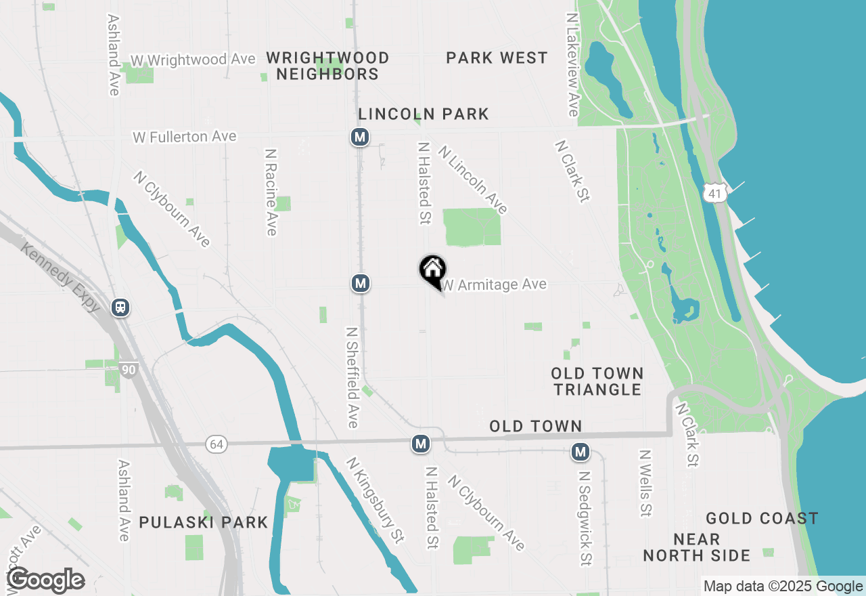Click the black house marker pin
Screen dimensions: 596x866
pyautogui.click(x=432, y=271)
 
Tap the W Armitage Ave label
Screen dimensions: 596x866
pyautogui.click(x=495, y=285)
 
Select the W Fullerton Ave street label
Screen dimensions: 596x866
pyautogui.click(x=185, y=137)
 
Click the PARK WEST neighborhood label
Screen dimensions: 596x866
pyautogui.click(x=497, y=58)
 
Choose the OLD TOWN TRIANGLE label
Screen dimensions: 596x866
pyautogui.click(x=597, y=381)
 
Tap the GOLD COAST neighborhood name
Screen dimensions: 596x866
pyautogui.click(x=762, y=519)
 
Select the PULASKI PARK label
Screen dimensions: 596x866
pyautogui.click(x=204, y=522)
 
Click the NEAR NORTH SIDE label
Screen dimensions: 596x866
pyautogui.click(x=696, y=548)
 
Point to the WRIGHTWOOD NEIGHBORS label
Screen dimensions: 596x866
pyautogui.click(x=327, y=66)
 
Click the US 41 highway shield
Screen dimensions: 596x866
pyautogui.click(x=714, y=193)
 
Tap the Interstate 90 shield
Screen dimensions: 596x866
pyautogui.click(x=129, y=370)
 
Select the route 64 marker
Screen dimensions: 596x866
pyautogui.click(x=216, y=444)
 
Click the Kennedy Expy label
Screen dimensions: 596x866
pyautogui.click(x=60, y=277)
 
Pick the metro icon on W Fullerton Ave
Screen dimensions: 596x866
pyautogui.click(x=359, y=137)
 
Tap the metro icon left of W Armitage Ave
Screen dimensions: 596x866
pyautogui.click(x=361, y=283)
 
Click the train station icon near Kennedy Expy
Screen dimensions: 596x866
pyautogui.click(x=120, y=307)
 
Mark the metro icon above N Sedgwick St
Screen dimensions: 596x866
pyautogui.click(x=580, y=451)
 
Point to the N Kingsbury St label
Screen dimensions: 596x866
pyautogui.click(x=375, y=500)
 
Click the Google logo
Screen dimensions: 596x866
pyautogui.click(x=45, y=580)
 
